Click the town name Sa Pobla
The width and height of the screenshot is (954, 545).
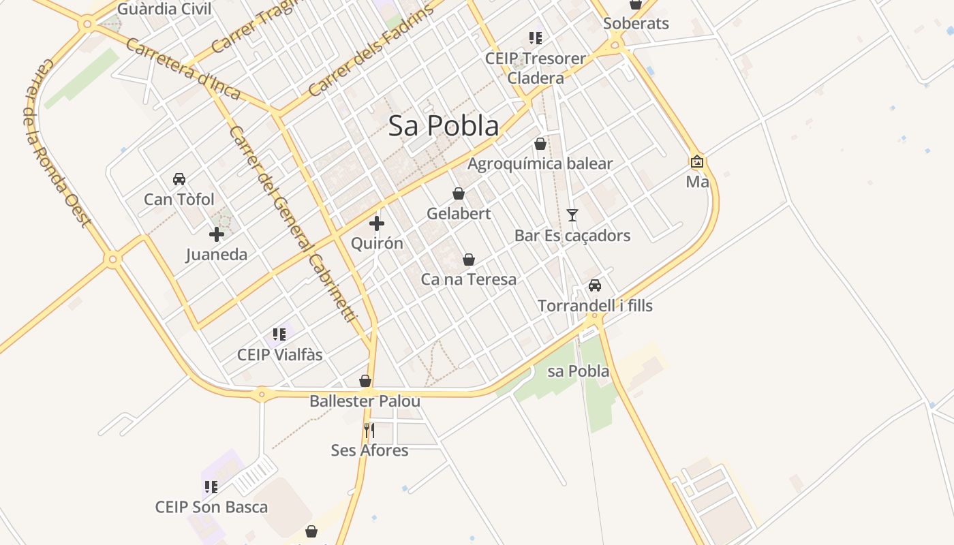coord(443,126)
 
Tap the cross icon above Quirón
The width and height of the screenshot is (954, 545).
coord(376,223)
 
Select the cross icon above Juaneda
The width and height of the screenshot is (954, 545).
coord(217,235)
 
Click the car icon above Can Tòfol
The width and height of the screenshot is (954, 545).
coord(179,179)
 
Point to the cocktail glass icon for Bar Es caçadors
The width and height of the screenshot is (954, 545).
coord(572,215)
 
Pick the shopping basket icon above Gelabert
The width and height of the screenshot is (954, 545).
coord(459,193)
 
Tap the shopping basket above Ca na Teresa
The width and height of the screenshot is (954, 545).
coord(469,260)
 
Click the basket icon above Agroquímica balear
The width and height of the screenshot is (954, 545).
coord(540,144)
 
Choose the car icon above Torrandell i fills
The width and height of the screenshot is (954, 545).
coord(595,285)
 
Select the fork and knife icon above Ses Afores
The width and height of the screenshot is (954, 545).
coord(369,430)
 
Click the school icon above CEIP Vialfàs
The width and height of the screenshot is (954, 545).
coord(279,334)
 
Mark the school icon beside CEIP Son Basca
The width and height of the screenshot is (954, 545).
coord(211,487)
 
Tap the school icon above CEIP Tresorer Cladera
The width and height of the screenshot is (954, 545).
coord(536,38)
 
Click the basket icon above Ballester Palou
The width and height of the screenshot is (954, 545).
coord(365,381)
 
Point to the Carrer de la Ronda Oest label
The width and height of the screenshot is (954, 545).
coord(57,143)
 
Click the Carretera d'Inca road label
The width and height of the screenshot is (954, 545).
coord(183,69)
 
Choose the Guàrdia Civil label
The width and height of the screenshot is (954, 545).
coord(164,10)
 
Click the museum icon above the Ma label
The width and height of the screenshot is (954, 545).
coord(697,162)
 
